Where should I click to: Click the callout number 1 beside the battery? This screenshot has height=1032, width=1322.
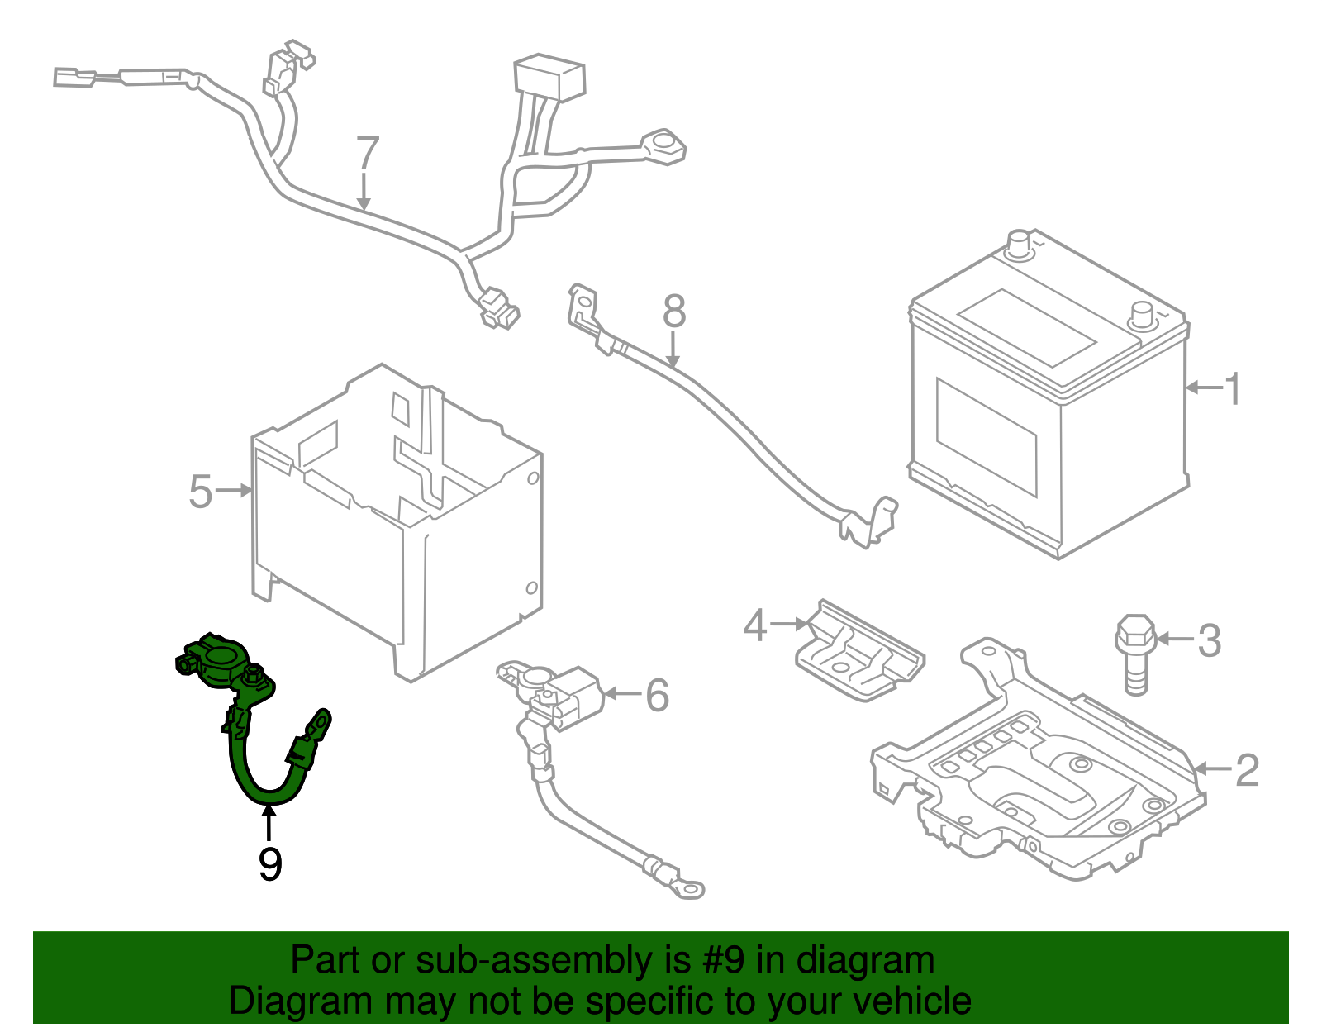click(1232, 389)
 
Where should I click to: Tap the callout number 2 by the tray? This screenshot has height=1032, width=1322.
click(1246, 770)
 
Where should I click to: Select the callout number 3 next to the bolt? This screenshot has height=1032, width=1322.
click(1209, 640)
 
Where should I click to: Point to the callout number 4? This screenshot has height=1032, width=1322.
click(754, 625)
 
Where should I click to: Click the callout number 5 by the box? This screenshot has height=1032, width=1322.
click(201, 492)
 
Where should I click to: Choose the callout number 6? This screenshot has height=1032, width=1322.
click(657, 695)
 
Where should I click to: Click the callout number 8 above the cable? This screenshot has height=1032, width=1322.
click(674, 312)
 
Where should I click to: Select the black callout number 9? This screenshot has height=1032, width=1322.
click(270, 864)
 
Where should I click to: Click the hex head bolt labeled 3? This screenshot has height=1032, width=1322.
click(1135, 653)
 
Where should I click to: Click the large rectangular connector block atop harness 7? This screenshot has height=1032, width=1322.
click(549, 77)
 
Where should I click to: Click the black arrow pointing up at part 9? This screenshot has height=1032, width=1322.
click(269, 823)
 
